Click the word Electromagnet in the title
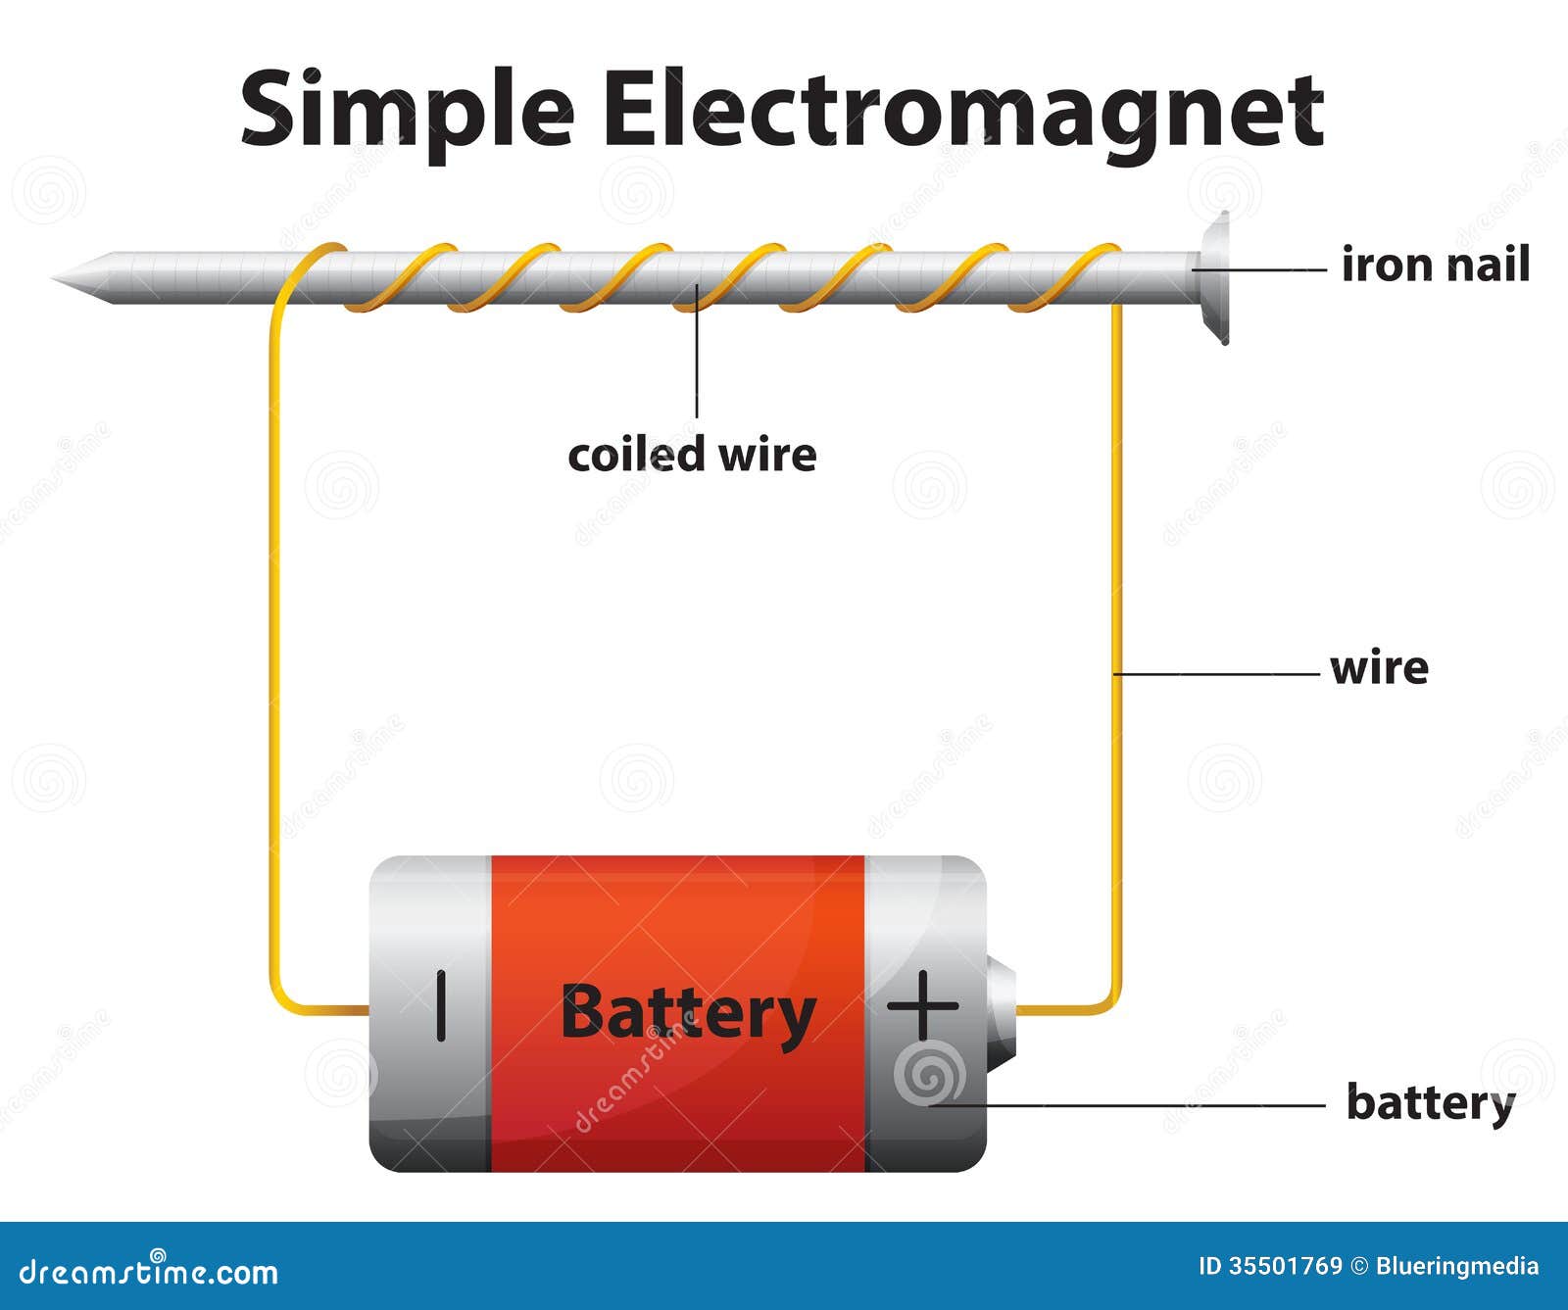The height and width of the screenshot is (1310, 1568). (x=962, y=110)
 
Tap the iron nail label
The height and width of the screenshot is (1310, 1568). (x=1435, y=266)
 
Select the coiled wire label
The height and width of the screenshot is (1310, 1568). (x=692, y=455)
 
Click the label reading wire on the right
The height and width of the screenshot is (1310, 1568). (x=1379, y=668)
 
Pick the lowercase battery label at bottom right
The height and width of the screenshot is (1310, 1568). (x=1430, y=1102)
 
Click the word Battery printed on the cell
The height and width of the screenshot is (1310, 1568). (x=687, y=1013)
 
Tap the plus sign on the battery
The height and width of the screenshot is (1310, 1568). (x=922, y=1005)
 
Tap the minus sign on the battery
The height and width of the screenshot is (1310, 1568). (x=441, y=1005)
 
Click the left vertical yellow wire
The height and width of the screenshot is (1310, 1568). (x=273, y=637)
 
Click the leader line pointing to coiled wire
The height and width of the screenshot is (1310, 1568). (x=697, y=363)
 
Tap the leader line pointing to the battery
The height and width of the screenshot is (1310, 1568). (x=1127, y=1105)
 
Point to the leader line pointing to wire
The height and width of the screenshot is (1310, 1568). (x=1215, y=674)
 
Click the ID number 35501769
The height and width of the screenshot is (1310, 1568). (x=1285, y=1266)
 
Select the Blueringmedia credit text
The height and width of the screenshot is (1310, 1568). (x=1456, y=1266)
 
